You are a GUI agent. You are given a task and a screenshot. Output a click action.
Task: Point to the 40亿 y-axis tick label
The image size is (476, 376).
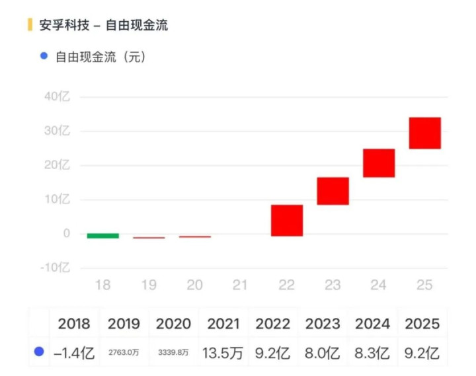(x=57, y=96)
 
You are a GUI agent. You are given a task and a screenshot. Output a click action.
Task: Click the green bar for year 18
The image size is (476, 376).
(x=103, y=235)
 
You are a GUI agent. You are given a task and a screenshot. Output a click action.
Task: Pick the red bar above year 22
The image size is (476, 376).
(x=286, y=220)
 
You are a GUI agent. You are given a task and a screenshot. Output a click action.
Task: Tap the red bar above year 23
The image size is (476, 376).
(x=333, y=191)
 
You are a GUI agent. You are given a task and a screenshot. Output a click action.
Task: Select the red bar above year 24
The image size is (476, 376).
(x=379, y=163)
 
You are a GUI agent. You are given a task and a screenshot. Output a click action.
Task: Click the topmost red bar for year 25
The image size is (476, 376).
(x=424, y=133)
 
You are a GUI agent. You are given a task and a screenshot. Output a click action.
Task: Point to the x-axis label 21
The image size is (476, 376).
(x=240, y=285)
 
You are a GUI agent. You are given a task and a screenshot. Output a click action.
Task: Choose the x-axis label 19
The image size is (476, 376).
(x=149, y=285)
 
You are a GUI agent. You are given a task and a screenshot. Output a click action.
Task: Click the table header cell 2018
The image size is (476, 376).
(x=74, y=324)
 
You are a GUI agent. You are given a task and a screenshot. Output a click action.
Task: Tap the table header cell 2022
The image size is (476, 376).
(x=272, y=324)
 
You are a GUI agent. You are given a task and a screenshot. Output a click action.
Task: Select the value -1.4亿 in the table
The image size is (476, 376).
(x=74, y=353)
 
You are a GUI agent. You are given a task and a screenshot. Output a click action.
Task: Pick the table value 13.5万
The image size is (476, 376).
(x=223, y=353)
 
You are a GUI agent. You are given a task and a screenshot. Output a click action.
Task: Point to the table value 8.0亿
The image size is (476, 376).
(x=322, y=353)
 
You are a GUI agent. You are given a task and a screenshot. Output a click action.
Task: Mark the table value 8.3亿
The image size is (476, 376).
(x=372, y=353)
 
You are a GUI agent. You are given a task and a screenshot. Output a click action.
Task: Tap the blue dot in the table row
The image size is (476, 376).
(x=39, y=353)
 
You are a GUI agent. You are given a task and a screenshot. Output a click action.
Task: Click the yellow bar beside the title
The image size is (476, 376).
(x=29, y=25)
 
